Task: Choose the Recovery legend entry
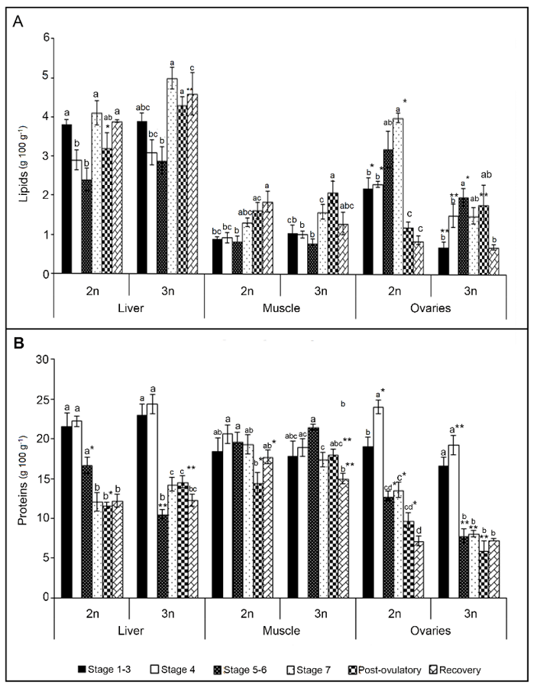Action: (x=475, y=670)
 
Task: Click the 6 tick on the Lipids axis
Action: (x=47, y=37)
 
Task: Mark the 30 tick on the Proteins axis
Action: (x=44, y=359)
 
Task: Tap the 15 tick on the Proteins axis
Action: (x=44, y=479)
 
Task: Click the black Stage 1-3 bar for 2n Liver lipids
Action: (x=67, y=199)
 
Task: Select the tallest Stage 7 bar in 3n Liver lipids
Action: (x=172, y=176)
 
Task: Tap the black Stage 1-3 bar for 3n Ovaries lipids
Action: (x=443, y=261)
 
